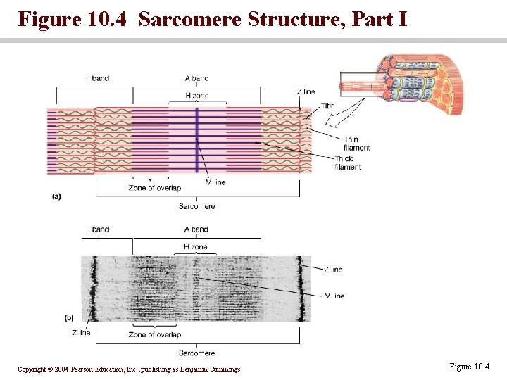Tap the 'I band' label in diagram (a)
(99, 78)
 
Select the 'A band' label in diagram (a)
(196, 78)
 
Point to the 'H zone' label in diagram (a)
(196, 95)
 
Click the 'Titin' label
(328, 106)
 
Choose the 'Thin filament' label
(357, 144)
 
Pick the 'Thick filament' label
(348, 163)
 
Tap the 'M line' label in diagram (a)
(215, 182)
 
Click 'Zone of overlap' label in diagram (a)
(155, 188)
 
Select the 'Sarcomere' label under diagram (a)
(196, 206)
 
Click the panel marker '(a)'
(56, 196)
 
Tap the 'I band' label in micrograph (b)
(99, 229)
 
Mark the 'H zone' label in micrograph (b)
(196, 247)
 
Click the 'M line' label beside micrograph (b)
(334, 296)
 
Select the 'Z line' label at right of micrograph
(333, 270)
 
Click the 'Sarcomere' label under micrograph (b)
(196, 353)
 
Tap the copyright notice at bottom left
(129, 369)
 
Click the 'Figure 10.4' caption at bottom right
(468, 367)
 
